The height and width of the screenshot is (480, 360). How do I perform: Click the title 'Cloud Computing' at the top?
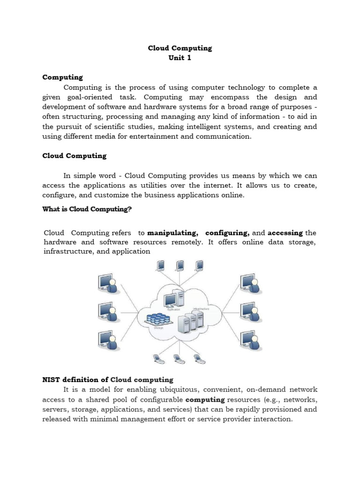180,48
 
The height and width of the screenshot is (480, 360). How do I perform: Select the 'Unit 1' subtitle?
180,58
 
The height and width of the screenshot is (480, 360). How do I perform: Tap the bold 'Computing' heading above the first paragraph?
62,77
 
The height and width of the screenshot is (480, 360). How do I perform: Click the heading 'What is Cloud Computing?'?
87,209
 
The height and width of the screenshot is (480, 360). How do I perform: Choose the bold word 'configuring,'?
227,233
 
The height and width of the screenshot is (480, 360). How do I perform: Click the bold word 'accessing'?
285,233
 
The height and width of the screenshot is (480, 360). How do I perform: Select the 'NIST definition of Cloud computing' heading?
108,380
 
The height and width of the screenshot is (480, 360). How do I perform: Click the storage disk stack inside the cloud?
157,320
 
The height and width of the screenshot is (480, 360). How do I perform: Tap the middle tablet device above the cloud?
180,265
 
